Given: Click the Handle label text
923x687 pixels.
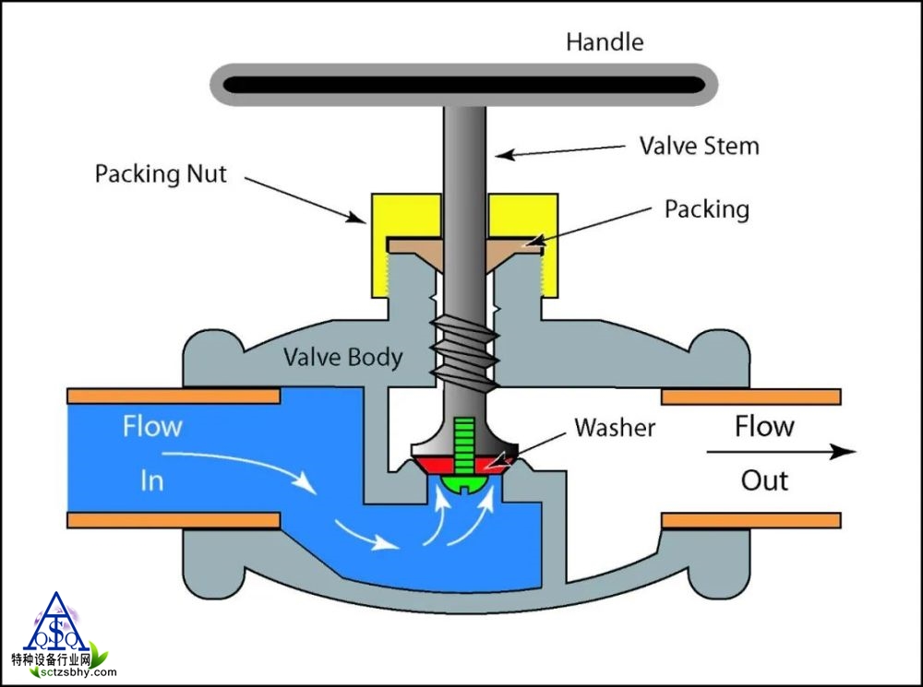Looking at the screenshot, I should point(605,41).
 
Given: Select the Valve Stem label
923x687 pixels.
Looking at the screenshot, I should point(699,146).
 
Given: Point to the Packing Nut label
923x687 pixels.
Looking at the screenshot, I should point(161,174).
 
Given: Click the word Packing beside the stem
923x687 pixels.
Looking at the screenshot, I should point(706,209).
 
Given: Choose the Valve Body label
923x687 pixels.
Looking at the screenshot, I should point(342,357).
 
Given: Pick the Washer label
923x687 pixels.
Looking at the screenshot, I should point(615,428).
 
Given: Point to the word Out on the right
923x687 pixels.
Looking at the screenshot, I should point(764,480).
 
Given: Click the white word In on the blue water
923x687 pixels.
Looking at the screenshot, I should point(152,480).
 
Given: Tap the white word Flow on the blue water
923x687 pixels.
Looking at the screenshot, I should point(152,427).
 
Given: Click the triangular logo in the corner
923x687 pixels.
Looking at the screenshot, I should point(57,624).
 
